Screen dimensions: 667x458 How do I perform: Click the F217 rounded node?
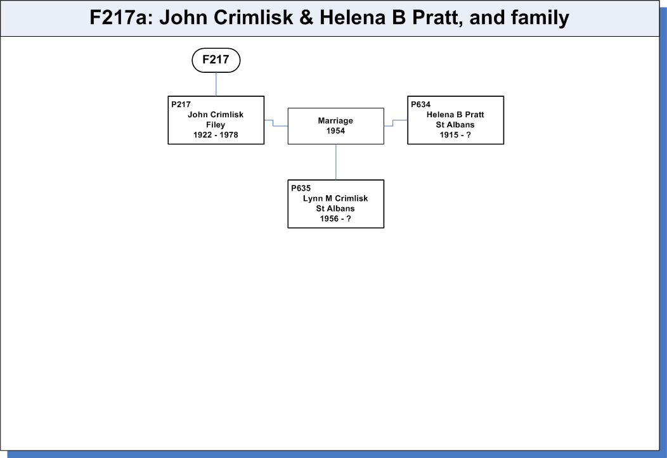216,60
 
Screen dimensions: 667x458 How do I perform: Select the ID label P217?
181,105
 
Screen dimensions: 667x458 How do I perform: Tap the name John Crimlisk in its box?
216,115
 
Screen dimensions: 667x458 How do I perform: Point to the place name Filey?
216,125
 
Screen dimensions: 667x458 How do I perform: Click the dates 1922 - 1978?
216,135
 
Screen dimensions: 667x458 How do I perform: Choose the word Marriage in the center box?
335,121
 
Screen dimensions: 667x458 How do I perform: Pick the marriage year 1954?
335,131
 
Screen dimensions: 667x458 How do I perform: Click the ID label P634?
421,105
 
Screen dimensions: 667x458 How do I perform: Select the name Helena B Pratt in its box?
455,115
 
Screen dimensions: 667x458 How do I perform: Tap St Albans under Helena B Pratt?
455,125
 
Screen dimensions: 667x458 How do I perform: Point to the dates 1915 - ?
455,135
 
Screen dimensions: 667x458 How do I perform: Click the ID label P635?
301,188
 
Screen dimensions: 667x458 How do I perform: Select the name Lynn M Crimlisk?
335,198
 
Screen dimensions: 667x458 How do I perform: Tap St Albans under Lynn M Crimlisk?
335,208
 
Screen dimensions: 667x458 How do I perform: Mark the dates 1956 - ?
335,219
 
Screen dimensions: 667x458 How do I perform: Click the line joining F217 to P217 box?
216,84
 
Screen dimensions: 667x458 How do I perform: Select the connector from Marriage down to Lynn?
336,162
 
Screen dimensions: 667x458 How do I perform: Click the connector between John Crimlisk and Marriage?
273,123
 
